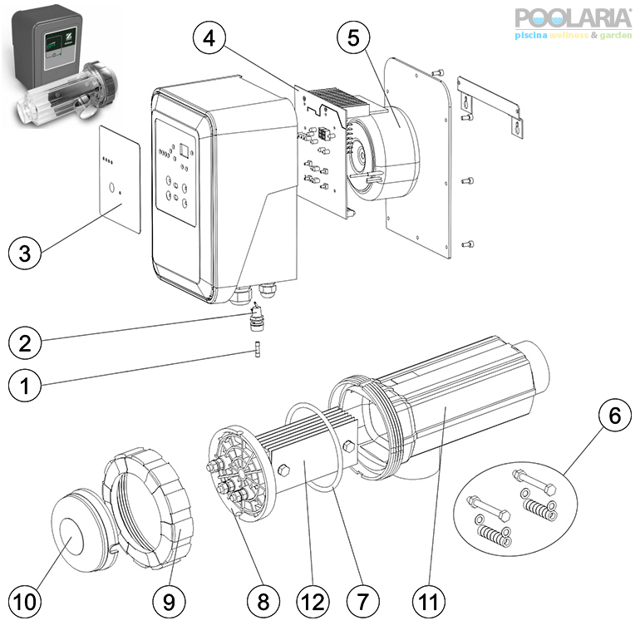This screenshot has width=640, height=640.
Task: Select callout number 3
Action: pos(26,254)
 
